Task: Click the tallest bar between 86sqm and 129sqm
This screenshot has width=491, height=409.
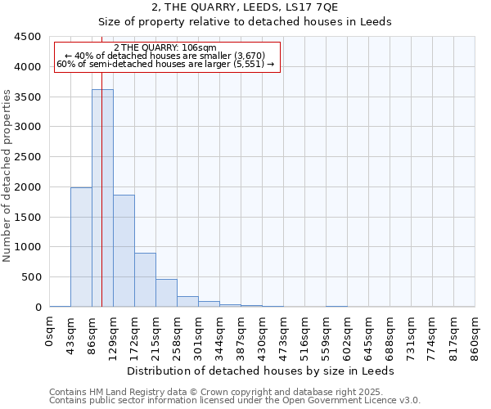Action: (x=102, y=198)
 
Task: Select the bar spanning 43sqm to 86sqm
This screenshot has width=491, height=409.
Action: (x=81, y=247)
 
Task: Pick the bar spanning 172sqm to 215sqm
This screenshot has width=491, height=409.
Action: (x=145, y=280)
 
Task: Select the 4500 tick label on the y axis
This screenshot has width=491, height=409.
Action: (x=28, y=37)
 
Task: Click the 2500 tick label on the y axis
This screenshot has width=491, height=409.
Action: (x=28, y=157)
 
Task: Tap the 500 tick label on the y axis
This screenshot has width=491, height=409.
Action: (x=31, y=277)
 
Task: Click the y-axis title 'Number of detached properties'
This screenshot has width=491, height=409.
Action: (x=8, y=176)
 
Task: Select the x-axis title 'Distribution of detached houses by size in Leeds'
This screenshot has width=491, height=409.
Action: (x=261, y=371)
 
